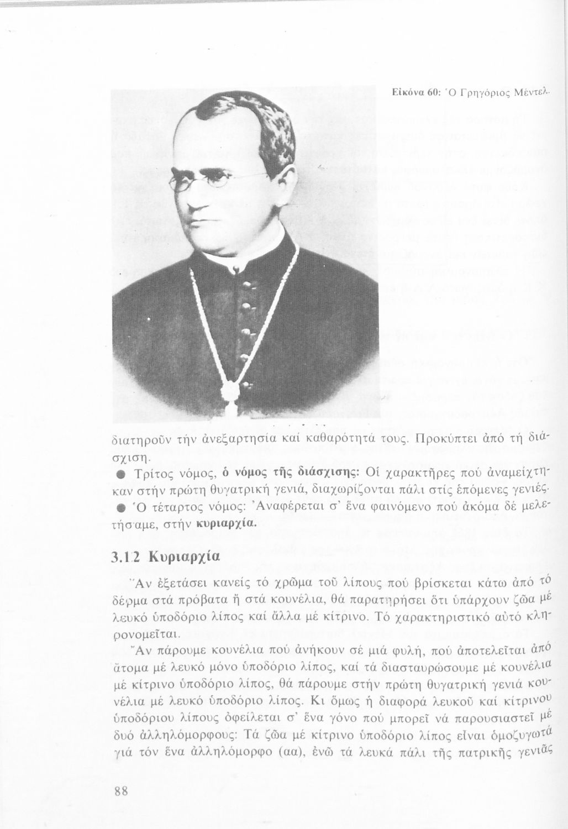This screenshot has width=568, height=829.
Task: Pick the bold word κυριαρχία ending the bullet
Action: click(229, 523)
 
